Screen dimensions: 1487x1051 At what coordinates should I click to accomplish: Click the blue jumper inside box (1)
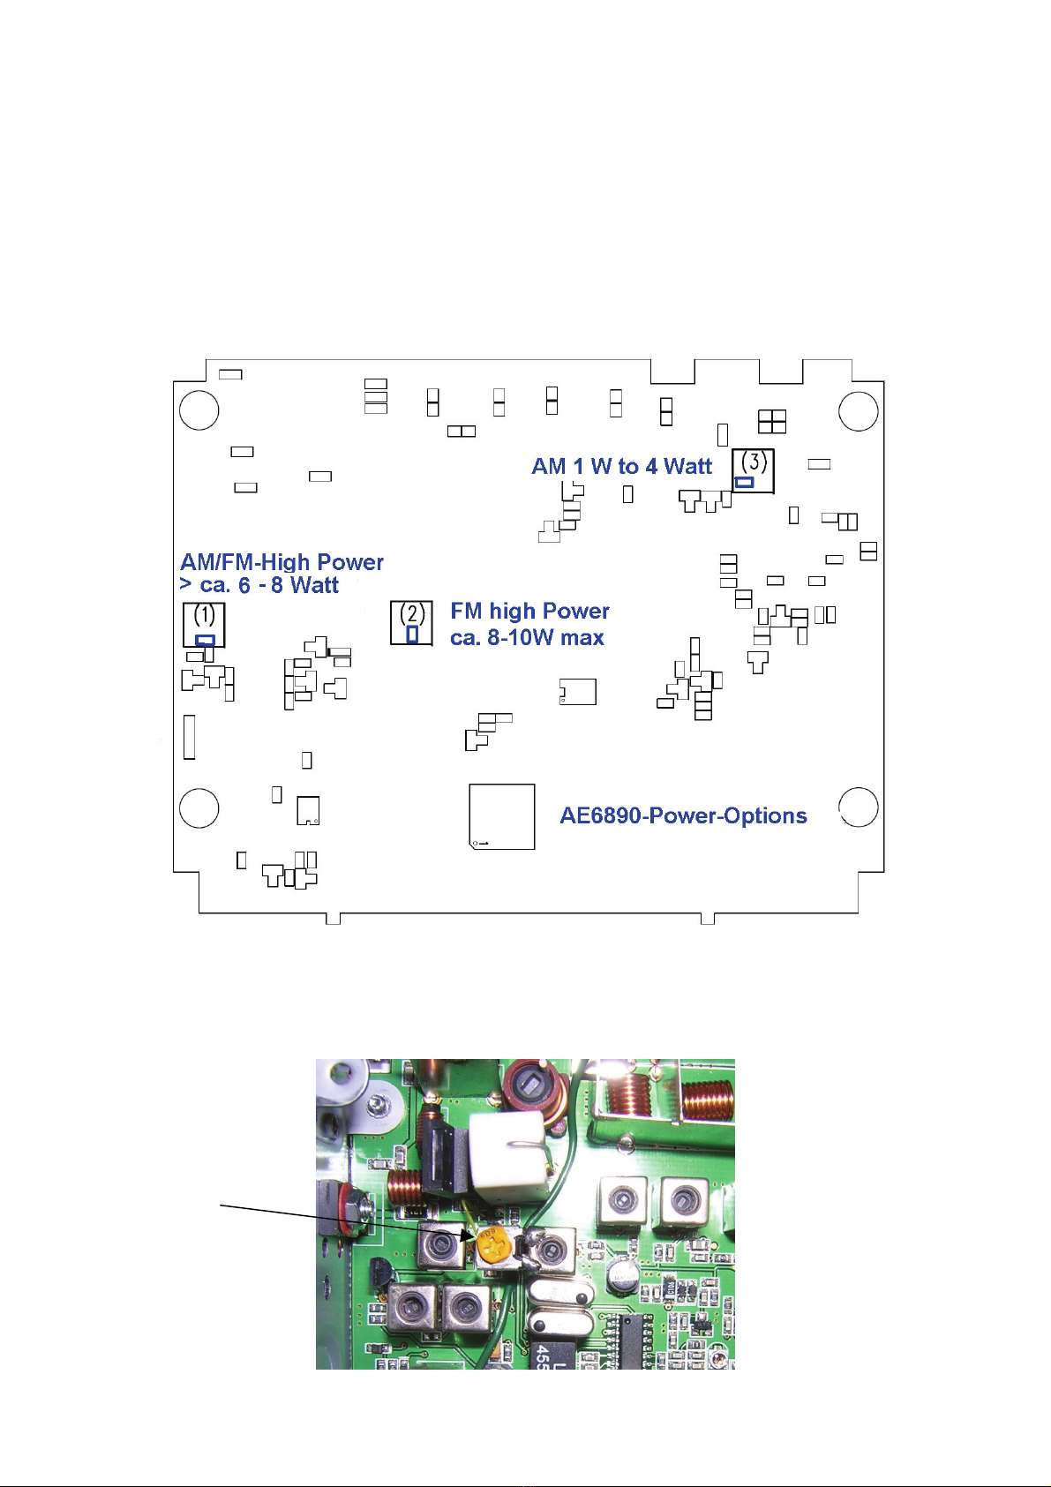[x=205, y=640]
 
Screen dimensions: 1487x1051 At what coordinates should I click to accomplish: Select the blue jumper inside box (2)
[x=412, y=634]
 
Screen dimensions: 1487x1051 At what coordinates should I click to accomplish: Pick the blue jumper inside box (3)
[x=745, y=482]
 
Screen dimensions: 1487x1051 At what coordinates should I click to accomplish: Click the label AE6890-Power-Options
[x=683, y=815]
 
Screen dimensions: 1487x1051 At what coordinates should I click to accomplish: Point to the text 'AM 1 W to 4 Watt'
[x=621, y=466]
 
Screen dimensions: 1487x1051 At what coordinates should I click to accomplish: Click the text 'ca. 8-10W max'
[x=527, y=637]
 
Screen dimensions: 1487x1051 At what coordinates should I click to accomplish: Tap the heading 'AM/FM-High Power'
[x=282, y=562]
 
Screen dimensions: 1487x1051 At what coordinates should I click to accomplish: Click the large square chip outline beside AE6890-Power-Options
[x=501, y=816]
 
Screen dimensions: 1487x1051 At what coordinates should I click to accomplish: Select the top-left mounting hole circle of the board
[x=199, y=410]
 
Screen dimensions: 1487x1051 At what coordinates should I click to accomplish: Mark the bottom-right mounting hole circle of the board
[x=858, y=807]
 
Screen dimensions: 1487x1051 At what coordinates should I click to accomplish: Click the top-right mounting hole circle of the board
[x=858, y=410]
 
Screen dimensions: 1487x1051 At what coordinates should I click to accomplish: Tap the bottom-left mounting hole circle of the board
[x=199, y=807]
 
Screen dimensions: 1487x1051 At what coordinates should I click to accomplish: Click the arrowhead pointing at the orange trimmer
[x=468, y=1235]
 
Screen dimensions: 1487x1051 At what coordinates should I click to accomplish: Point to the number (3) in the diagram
[x=753, y=461]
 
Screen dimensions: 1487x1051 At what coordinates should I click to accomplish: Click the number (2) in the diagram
[x=412, y=612]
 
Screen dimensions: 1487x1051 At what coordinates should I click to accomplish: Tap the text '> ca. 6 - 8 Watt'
[x=259, y=585]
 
